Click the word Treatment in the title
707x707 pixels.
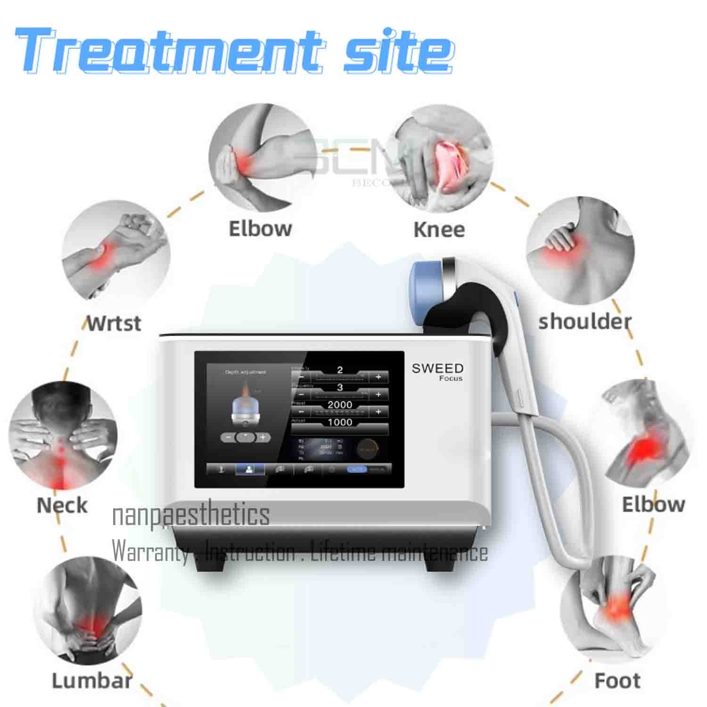(x=170, y=51)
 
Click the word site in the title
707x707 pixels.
(x=398, y=51)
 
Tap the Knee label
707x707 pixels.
(x=439, y=230)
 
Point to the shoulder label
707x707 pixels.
(x=584, y=322)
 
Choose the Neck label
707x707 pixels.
(x=62, y=505)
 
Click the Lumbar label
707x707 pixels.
(x=92, y=681)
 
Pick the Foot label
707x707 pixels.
(x=617, y=681)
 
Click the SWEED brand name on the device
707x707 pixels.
(x=437, y=368)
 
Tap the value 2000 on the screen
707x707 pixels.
(x=340, y=405)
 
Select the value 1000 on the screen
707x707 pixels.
(x=340, y=422)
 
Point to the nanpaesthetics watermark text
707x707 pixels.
(x=191, y=515)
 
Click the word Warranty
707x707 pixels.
(x=150, y=551)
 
